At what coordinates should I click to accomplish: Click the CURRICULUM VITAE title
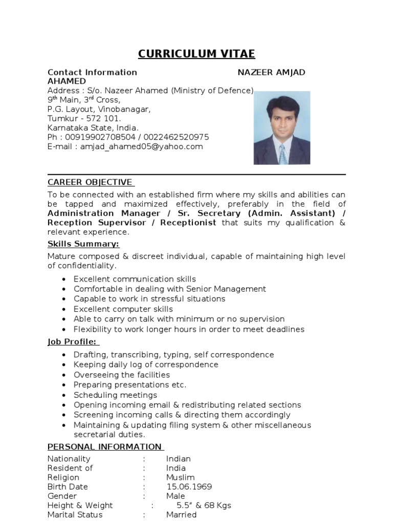(196, 54)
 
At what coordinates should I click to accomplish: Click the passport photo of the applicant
(281, 128)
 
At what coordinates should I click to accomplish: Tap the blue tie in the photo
(282, 154)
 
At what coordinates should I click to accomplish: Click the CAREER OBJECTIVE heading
(91, 183)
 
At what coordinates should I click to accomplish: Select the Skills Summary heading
(83, 244)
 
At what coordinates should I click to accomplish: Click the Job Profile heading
(73, 342)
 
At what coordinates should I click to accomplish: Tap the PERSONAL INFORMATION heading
(105, 447)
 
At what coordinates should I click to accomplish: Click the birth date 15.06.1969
(189, 487)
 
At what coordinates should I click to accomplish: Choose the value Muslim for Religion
(180, 477)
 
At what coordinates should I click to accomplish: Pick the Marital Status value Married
(181, 514)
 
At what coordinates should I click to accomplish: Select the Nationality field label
(69, 459)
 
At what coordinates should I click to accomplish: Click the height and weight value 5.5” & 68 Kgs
(204, 505)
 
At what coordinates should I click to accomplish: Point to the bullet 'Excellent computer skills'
(123, 309)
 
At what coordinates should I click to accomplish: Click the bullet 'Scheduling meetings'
(115, 395)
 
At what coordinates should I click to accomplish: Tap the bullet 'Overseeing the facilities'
(122, 375)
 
